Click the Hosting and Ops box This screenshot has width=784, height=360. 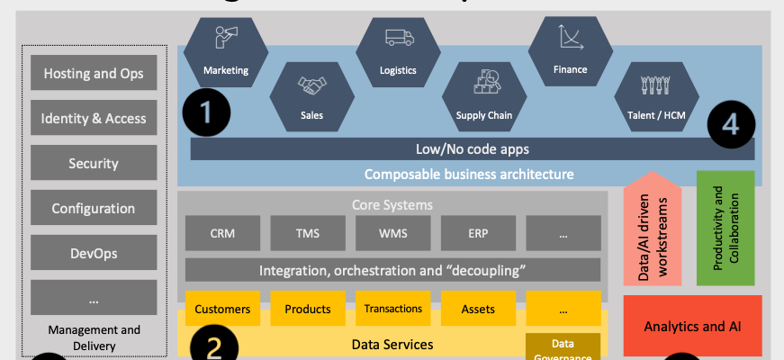[x=94, y=73]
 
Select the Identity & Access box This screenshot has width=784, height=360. [x=94, y=118]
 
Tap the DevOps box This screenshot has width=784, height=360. [x=94, y=253]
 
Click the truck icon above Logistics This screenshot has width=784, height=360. [x=398, y=38]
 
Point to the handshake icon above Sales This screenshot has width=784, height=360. [x=312, y=85]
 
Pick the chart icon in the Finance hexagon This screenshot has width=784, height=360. [x=570, y=36]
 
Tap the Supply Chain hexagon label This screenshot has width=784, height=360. [x=483, y=114]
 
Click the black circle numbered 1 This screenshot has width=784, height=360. [x=206, y=112]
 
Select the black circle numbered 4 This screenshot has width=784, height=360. [x=730, y=124]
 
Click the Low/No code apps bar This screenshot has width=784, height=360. [x=472, y=148]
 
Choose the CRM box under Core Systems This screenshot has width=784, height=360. [x=222, y=233]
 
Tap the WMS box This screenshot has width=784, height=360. [x=392, y=233]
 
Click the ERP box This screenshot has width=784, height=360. [x=478, y=233]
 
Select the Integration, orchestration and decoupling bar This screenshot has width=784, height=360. [x=392, y=270]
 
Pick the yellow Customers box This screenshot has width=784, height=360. [x=222, y=309]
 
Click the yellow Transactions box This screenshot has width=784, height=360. [x=392, y=309]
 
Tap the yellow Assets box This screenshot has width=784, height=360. [x=478, y=309]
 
